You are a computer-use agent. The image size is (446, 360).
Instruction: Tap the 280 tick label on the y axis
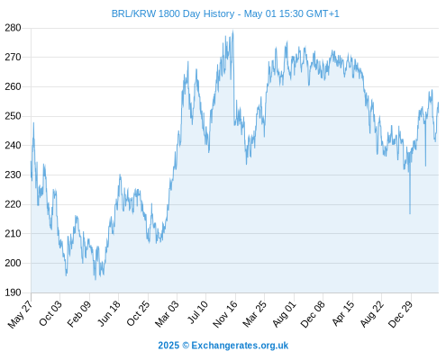[13, 28]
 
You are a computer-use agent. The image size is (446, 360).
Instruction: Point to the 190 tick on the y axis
[13, 292]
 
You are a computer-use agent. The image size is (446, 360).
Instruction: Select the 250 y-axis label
[13, 116]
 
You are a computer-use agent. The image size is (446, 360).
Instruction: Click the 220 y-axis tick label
[13, 204]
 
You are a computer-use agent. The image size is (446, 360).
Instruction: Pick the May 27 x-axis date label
[21, 314]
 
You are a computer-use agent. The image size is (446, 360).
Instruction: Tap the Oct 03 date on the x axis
[50, 313]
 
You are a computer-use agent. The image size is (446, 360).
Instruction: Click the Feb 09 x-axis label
[78, 314]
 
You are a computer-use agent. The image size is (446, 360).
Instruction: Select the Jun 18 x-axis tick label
[109, 313]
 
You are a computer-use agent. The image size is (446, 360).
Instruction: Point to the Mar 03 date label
[167, 313]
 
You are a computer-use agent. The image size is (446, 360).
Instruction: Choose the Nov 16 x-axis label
[225, 314]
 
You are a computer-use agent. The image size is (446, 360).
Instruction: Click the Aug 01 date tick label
[284, 314]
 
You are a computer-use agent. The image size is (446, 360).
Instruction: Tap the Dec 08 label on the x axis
[313, 314]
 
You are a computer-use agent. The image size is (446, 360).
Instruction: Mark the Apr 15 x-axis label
[343, 313]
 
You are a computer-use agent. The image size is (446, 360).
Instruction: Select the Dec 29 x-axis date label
[400, 314]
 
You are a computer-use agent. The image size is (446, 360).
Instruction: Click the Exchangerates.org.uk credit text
[240, 346]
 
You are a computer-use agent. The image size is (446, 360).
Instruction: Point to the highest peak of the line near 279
[233, 31]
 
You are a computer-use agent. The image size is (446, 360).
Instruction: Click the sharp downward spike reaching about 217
[410, 213]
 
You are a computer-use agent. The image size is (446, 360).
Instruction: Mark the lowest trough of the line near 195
[96, 279]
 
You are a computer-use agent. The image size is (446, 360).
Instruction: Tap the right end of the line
[439, 103]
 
